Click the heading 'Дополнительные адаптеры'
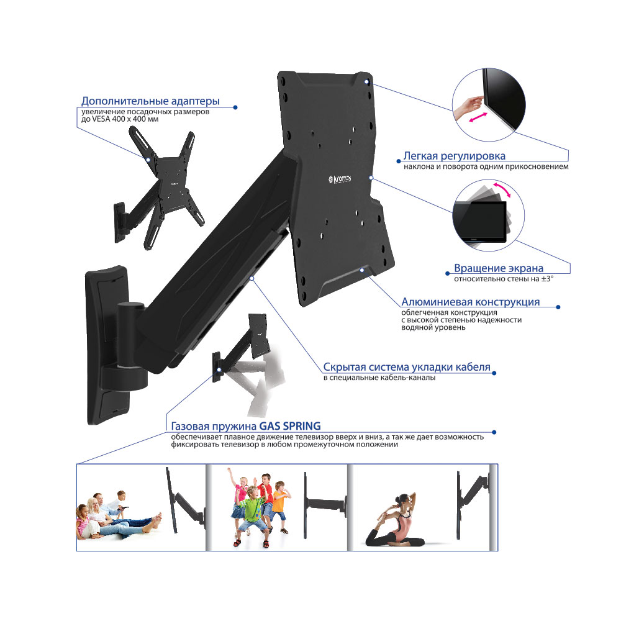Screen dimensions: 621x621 150,101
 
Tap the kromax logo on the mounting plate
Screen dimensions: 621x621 340,179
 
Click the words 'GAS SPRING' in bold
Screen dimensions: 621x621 290,426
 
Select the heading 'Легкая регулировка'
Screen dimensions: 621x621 455,156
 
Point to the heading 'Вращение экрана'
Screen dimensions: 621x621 499,268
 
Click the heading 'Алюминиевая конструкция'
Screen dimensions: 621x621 471,302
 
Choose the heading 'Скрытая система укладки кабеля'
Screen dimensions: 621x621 407,367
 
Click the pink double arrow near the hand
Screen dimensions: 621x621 478,117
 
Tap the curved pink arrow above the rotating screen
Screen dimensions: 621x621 502,189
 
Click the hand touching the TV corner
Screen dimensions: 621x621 468,106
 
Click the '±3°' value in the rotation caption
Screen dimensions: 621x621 547,279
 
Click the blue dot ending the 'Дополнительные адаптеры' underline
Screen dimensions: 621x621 235,107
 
